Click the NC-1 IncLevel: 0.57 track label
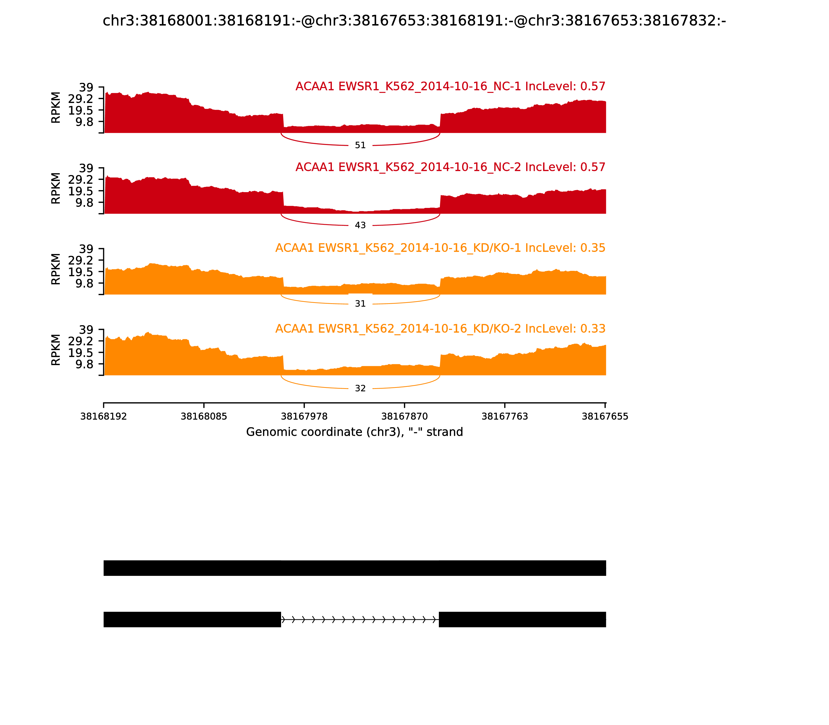450,86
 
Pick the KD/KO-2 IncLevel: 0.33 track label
440,329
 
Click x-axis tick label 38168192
104,417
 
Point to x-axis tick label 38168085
204,417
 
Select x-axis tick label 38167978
304,417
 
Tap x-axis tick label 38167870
404,417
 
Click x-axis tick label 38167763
505,417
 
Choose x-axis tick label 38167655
605,417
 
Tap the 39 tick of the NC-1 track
86,88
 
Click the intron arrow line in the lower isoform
360,619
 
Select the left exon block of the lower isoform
192,619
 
